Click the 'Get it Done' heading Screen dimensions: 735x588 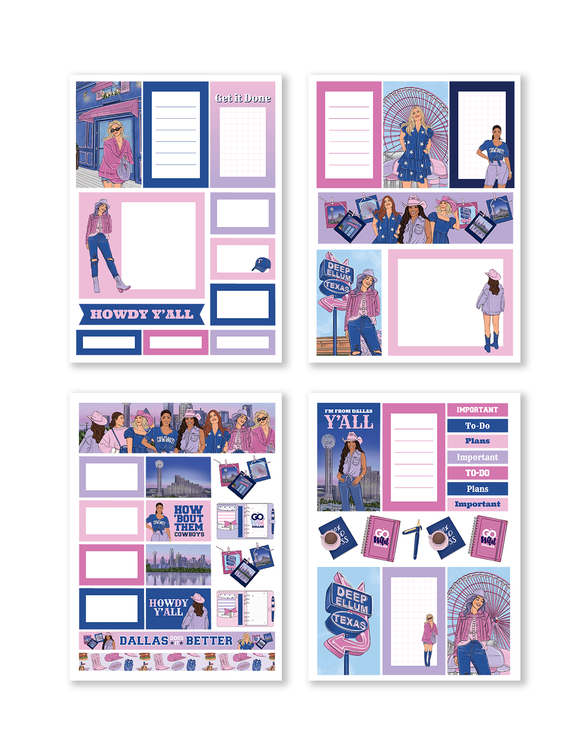tap(243, 98)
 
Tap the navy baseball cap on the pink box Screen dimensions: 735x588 tap(261, 265)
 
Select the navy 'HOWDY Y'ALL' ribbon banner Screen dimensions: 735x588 tap(142, 315)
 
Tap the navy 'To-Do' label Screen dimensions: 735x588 tap(477, 426)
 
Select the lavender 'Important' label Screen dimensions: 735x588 tap(477, 457)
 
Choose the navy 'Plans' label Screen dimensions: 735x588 tap(477, 489)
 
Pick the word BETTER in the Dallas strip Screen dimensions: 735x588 tap(209, 641)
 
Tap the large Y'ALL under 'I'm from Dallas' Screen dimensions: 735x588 tap(349, 422)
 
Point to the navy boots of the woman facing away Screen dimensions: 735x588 tap(489, 343)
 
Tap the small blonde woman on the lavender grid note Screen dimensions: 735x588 tap(429, 639)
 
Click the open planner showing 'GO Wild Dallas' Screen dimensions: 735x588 tap(245, 521)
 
